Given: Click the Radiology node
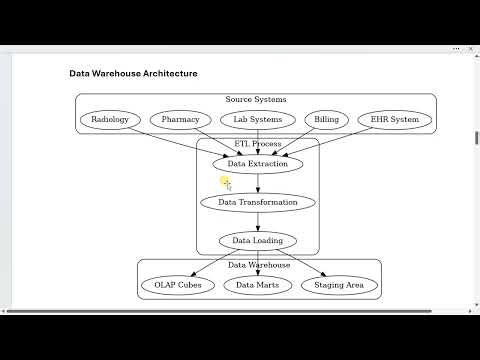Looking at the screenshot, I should [x=110, y=120].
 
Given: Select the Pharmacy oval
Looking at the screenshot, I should [x=181, y=120].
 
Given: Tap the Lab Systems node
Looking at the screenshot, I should [x=257, y=120].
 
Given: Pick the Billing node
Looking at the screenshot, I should [x=327, y=120].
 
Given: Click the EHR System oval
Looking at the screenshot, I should [x=394, y=120].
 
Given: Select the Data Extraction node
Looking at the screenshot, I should [x=258, y=163].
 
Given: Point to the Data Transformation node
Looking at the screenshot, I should [x=258, y=202].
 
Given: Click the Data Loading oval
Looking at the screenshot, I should [x=258, y=240].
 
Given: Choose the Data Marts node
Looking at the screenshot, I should [x=257, y=285].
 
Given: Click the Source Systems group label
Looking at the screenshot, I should [x=256, y=100].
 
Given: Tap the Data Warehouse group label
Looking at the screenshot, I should [x=259, y=265].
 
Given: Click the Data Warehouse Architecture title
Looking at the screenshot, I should [x=133, y=73].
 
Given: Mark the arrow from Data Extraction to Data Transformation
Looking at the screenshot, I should [x=258, y=183].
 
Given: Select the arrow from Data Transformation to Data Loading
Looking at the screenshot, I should [x=258, y=221].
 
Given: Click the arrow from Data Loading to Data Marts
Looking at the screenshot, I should [x=258, y=262].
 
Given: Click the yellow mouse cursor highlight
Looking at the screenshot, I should [x=225, y=182].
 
